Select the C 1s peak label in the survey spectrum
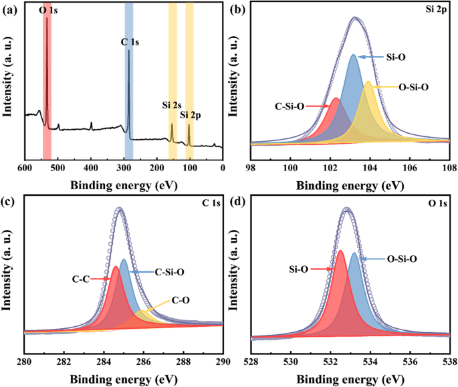coord(130,42)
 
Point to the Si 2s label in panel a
coord(172,105)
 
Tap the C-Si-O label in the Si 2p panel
coord(290,106)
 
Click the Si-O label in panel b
coord(394,57)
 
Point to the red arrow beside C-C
coord(102,277)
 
